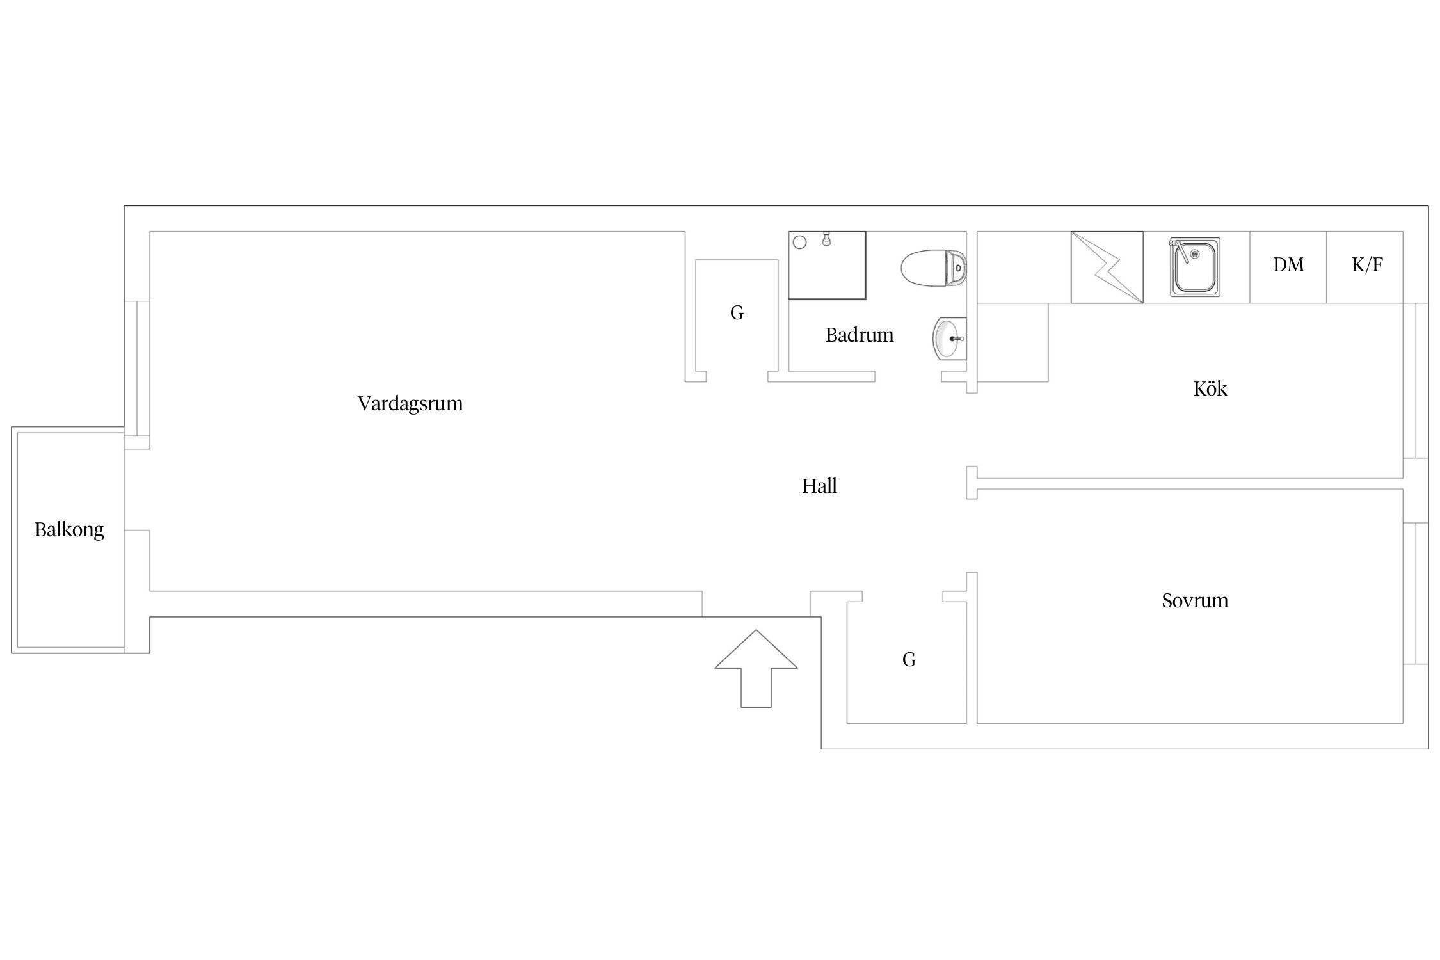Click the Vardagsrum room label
point(410,404)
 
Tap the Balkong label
point(69,530)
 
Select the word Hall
point(819,486)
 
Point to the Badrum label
point(860,335)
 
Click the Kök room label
point(1210,388)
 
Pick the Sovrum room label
point(1195,600)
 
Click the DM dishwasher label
point(1288,265)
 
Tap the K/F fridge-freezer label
point(1367,265)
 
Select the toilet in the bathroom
point(934,268)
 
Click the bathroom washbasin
point(950,339)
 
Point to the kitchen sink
point(1196,267)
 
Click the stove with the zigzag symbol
point(1107,267)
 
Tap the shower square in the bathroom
point(827,265)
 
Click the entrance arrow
point(756,668)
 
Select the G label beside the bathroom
point(737,313)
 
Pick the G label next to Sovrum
point(909,660)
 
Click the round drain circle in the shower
point(799,243)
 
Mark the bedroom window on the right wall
point(1416,593)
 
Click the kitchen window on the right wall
point(1416,381)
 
